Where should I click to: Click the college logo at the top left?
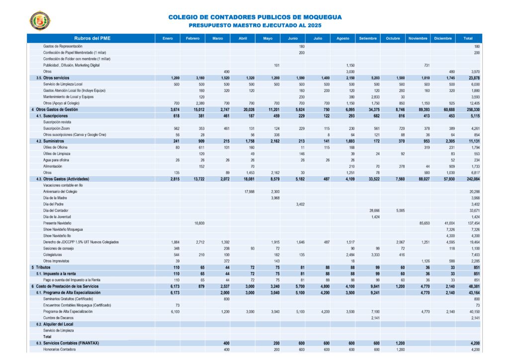pyautogui.click(x=40, y=20)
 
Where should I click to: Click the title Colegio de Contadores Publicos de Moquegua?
pyautogui.click(x=255, y=17)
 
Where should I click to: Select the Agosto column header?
pyautogui.click(x=342, y=38)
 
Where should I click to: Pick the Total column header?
pyautogui.click(x=468, y=38)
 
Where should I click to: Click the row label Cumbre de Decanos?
pyautogui.click(x=59, y=318)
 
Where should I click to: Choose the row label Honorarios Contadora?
pyautogui.click(x=60, y=350)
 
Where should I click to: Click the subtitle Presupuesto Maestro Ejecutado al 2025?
pyautogui.click(x=255, y=25)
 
